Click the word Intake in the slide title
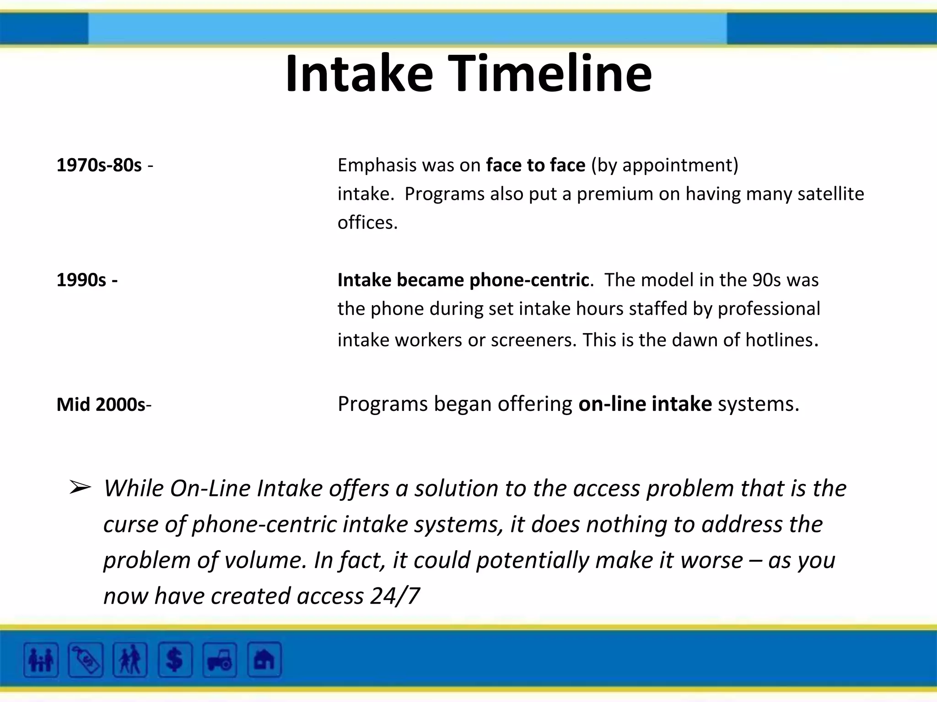point(359,74)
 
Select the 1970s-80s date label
point(99,165)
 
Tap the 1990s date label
point(81,280)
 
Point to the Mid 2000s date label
point(101,405)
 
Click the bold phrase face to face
point(536,165)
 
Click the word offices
point(366,223)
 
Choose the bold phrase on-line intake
point(645,404)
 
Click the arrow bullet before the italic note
point(80,488)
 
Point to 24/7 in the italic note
point(395,596)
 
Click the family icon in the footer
point(41,659)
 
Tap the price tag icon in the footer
point(86,659)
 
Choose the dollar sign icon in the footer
point(175,659)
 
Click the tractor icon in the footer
point(220,659)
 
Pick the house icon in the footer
point(264,659)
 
